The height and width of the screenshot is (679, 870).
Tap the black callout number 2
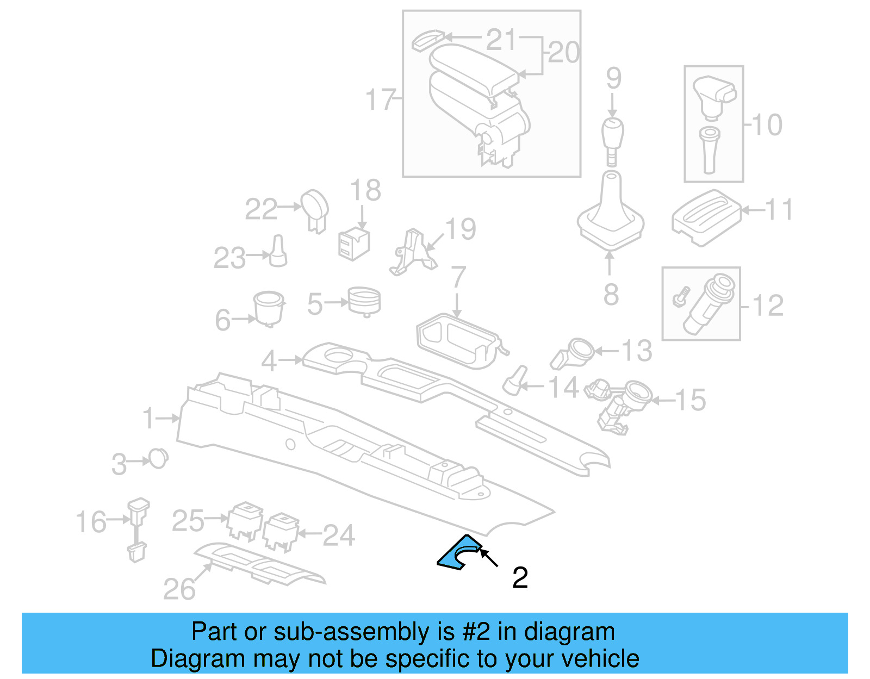(x=520, y=577)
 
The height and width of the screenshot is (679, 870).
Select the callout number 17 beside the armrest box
(x=380, y=99)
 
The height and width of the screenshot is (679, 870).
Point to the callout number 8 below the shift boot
(x=611, y=294)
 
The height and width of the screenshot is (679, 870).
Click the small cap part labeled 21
(x=427, y=40)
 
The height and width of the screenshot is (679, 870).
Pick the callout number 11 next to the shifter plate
(x=778, y=210)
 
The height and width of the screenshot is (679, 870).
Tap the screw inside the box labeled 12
(x=681, y=297)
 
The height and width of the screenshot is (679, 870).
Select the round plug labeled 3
(x=159, y=459)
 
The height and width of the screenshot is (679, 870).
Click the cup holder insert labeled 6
(x=269, y=308)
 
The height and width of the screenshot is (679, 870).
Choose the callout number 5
(x=315, y=304)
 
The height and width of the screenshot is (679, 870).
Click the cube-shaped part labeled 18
(x=353, y=244)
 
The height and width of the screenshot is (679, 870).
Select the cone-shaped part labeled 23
(x=278, y=252)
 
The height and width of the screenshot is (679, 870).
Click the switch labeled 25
(x=245, y=521)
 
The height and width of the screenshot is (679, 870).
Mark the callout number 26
(x=179, y=589)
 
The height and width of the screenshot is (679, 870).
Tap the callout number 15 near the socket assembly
(x=690, y=400)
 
